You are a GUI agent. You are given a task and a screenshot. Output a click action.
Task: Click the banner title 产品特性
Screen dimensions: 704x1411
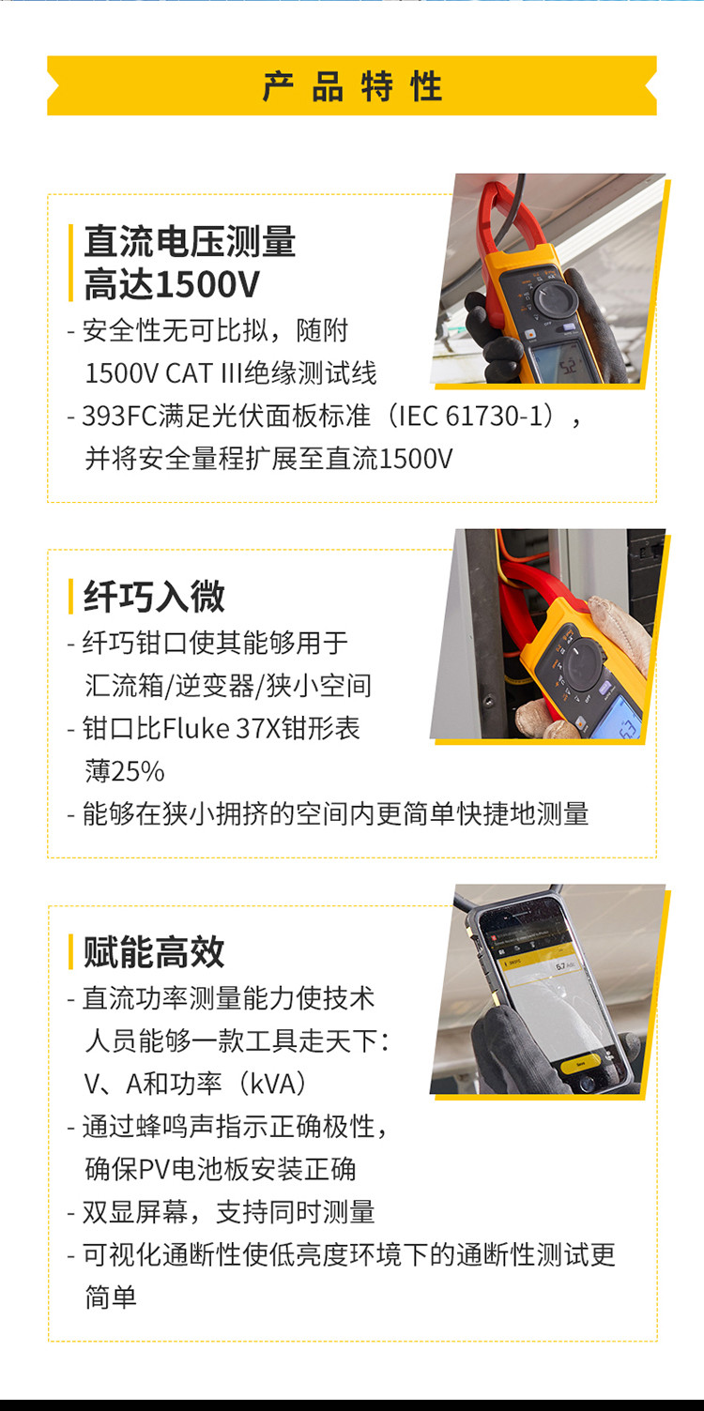point(352,86)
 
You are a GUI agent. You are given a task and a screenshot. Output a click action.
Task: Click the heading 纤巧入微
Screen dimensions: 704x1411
point(154,596)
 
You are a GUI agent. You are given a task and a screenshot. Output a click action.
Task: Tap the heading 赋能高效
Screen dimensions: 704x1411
point(154,951)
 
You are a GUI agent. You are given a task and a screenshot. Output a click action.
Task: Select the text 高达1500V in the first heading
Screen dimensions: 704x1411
point(172,284)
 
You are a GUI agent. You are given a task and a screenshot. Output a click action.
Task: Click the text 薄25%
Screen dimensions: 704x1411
point(124,771)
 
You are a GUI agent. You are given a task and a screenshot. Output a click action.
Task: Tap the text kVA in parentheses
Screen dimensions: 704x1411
point(273,1084)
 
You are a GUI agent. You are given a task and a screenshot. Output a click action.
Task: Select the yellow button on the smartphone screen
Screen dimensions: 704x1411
point(581,1063)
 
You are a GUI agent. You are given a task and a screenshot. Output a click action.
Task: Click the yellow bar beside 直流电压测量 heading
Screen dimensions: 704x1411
point(70,263)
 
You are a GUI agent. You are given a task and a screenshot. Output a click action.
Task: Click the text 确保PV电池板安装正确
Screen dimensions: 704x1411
point(221,1169)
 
